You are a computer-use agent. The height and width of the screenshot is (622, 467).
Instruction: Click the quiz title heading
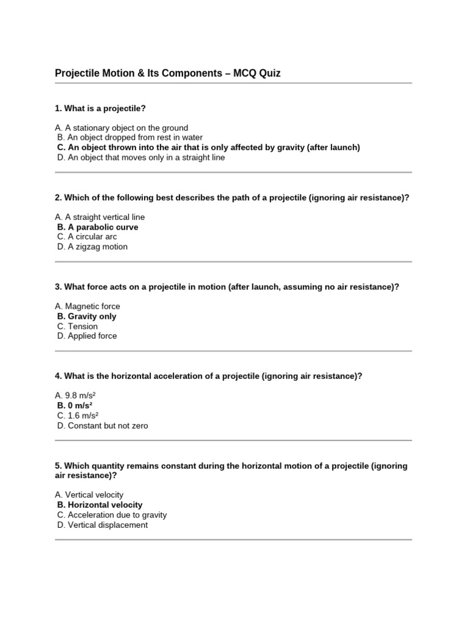click(x=168, y=73)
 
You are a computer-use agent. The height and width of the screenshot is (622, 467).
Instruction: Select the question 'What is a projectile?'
click(x=100, y=108)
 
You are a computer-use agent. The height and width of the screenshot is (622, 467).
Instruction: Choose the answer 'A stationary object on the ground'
click(x=122, y=128)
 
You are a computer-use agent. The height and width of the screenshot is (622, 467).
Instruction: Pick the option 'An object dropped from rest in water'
click(x=130, y=137)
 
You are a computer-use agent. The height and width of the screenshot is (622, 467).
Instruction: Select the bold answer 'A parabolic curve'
click(x=98, y=227)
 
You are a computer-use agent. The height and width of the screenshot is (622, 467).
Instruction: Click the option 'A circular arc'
click(x=87, y=236)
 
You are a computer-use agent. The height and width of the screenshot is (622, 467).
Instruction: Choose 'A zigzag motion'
click(x=92, y=247)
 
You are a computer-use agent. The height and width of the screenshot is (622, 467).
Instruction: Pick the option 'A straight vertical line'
click(x=100, y=217)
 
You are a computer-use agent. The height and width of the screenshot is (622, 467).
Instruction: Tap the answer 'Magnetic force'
click(x=88, y=306)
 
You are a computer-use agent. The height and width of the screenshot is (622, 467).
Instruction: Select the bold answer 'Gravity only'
click(x=87, y=316)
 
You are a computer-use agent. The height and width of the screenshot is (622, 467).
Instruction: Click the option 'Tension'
click(x=77, y=326)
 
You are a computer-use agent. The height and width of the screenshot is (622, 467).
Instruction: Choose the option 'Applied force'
click(x=87, y=336)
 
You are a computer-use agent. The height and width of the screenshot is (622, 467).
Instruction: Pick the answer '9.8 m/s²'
click(x=75, y=395)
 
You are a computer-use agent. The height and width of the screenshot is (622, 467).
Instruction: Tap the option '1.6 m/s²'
click(x=78, y=415)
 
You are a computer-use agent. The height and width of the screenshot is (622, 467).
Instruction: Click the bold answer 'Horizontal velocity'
click(x=100, y=505)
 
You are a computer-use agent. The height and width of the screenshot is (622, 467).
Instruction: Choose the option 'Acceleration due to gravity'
click(x=112, y=514)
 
